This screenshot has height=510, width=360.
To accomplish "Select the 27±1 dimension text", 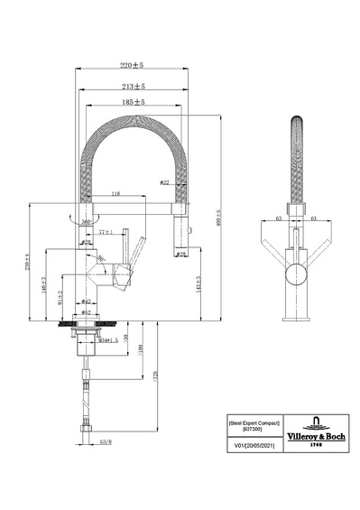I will (106, 232).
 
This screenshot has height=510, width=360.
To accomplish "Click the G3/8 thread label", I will (105, 444).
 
